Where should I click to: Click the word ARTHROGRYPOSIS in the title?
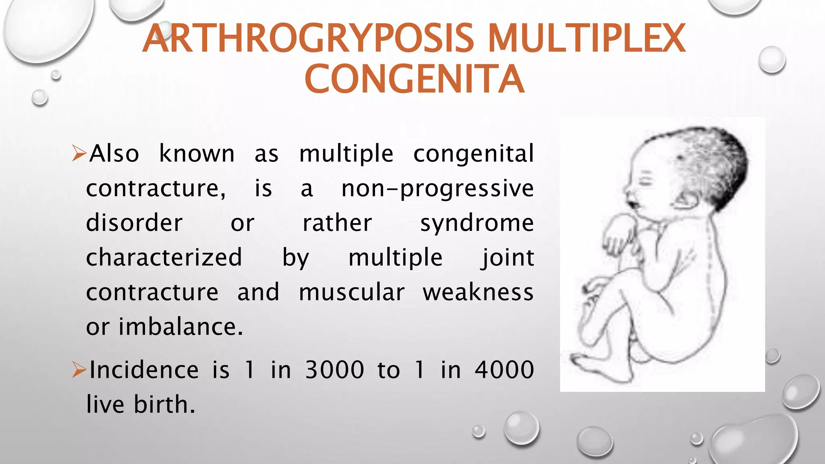pyautogui.click(x=308, y=39)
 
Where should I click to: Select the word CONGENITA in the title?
pyautogui.click(x=415, y=79)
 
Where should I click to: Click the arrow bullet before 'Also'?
pyautogui.click(x=79, y=153)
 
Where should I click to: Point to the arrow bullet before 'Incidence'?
pyautogui.click(x=79, y=370)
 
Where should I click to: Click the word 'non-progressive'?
pyautogui.click(x=437, y=188)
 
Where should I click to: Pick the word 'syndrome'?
pyautogui.click(x=477, y=223)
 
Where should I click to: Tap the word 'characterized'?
pyautogui.click(x=164, y=258)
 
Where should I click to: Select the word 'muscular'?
pyautogui.click(x=352, y=292)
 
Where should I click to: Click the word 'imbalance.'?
pyautogui.click(x=181, y=327)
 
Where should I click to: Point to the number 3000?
pyautogui.click(x=335, y=370)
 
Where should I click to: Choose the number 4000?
pyautogui.click(x=504, y=370)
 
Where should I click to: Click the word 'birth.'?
pyautogui.click(x=164, y=404)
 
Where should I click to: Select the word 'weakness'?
pyautogui.click(x=478, y=292)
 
